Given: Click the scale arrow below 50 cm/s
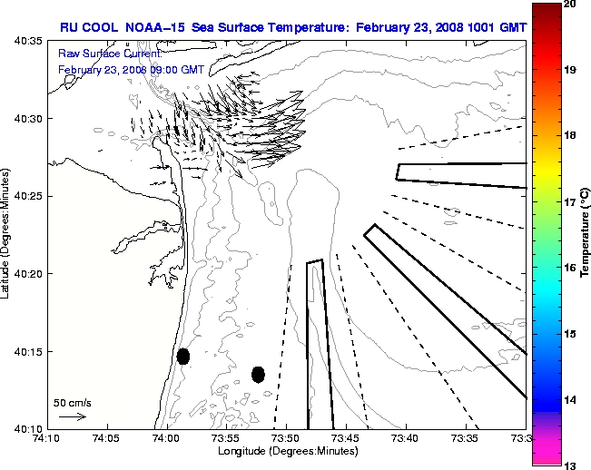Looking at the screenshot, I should tap(72, 416).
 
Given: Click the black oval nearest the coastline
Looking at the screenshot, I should tap(183, 356).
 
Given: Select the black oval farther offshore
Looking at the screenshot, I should tap(258, 374).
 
